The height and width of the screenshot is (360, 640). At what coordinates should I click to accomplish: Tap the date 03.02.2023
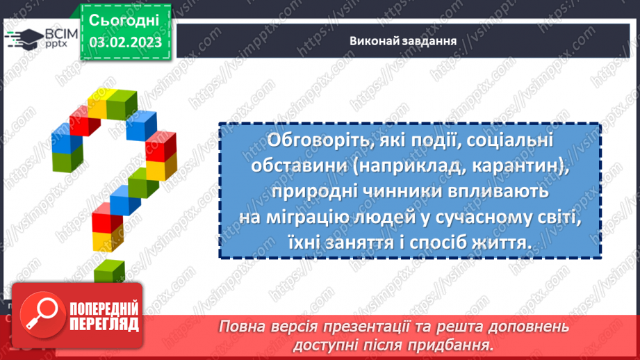125,43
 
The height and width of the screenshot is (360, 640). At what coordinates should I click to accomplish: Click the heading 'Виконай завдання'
403,40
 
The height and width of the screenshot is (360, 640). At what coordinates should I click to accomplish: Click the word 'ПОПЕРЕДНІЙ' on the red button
103,309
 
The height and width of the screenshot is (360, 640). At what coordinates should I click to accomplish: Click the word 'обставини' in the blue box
279,165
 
